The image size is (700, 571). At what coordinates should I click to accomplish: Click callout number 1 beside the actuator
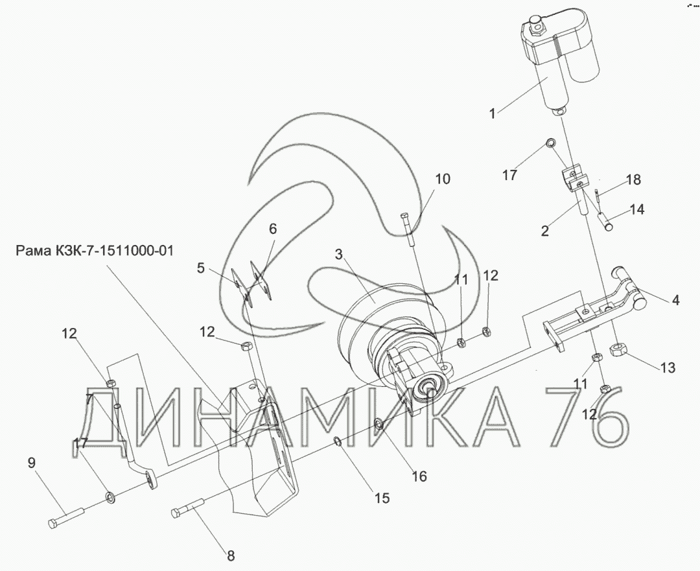click(x=493, y=114)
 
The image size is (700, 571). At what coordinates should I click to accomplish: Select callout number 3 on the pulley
click(x=339, y=255)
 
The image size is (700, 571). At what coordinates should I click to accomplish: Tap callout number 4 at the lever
click(x=675, y=301)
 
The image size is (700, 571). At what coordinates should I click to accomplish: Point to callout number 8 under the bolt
click(x=230, y=556)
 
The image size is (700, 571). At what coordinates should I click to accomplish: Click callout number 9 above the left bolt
click(x=31, y=463)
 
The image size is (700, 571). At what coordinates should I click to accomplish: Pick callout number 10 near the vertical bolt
click(x=443, y=179)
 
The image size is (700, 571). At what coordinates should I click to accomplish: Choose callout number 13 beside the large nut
click(x=668, y=367)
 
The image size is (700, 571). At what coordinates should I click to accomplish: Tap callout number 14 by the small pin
click(x=637, y=209)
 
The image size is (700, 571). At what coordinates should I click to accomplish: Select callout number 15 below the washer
click(x=382, y=498)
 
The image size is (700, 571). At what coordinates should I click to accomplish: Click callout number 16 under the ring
click(x=419, y=476)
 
